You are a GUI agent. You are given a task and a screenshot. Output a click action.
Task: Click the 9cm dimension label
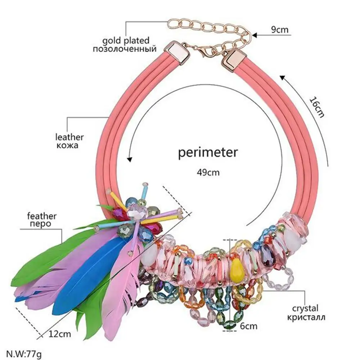point(280,30)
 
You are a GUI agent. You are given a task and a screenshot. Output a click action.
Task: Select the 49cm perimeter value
point(208,172)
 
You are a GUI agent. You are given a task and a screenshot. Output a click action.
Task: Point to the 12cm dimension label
point(59,334)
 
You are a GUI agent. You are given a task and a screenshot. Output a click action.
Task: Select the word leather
point(69,137)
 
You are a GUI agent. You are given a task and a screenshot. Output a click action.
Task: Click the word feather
point(42,216)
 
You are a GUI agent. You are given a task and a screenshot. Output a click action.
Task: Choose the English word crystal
point(305,308)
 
